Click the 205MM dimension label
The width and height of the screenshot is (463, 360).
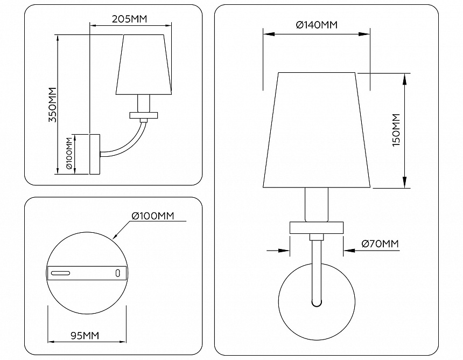tap(129, 19)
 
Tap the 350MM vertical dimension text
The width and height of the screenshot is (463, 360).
tap(52, 105)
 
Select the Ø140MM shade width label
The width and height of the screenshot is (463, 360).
tap(317, 25)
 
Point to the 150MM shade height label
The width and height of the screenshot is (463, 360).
tap(396, 130)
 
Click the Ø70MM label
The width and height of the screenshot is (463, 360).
tap(380, 244)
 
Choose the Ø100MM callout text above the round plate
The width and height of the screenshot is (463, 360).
tap(153, 216)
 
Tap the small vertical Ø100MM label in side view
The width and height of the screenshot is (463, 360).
tap(69, 154)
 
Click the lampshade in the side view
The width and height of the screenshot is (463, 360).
tap(144, 65)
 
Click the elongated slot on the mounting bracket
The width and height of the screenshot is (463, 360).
tap(60, 273)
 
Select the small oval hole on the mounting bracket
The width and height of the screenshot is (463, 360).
tap(117, 273)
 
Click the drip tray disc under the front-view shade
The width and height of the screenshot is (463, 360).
tap(317, 227)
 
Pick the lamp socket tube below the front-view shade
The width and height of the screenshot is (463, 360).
tap(317, 205)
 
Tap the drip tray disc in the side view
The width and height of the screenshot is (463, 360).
tap(144, 115)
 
